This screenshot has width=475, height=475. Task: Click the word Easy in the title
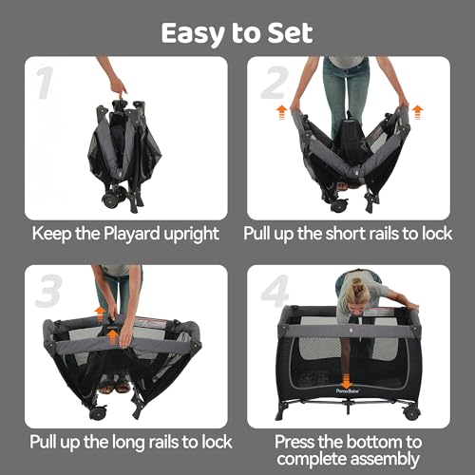point(194,33)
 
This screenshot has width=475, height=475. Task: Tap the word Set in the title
point(290,33)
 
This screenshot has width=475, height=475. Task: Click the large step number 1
point(45,83)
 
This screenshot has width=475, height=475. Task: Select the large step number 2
point(275,83)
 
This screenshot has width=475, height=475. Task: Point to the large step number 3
point(48,291)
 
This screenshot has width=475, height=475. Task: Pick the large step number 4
point(275,291)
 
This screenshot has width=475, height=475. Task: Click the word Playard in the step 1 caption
point(132,235)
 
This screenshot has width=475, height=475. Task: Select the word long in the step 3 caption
point(125,443)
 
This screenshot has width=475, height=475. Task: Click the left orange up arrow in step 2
point(281,113)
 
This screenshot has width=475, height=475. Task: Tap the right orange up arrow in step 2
point(418,112)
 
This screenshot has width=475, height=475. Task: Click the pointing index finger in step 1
point(121,89)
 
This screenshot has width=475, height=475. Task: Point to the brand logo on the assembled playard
point(348,391)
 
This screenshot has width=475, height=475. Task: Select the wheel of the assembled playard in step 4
point(411,412)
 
